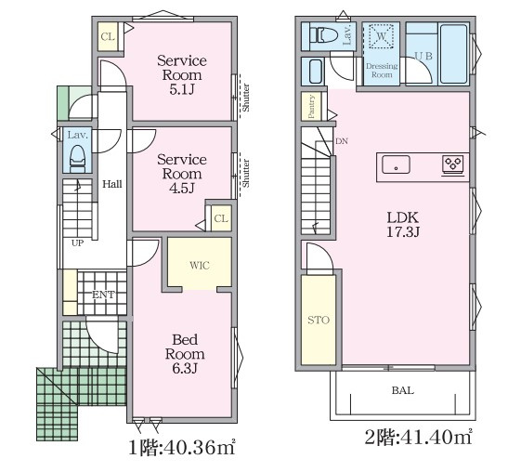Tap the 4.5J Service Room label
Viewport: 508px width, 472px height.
[x=182, y=174]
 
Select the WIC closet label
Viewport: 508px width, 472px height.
[x=199, y=265]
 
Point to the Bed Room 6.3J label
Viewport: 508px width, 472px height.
[x=184, y=353]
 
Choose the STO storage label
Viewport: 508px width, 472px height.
[x=318, y=321]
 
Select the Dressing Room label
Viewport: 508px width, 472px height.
[x=381, y=71]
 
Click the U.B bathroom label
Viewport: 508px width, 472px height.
[x=423, y=57]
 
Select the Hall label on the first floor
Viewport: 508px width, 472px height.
[x=112, y=184]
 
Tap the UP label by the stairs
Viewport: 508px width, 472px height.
[x=77, y=243]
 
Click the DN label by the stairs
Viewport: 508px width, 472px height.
[x=341, y=141]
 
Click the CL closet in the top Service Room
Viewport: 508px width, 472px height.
[x=108, y=38]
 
